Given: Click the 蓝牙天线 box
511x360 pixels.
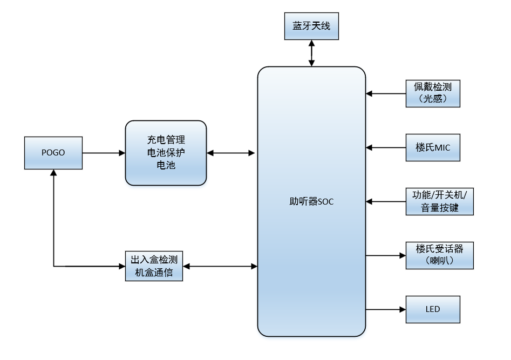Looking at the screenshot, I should click(x=311, y=26).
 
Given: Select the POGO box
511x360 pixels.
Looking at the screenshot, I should click(x=53, y=153).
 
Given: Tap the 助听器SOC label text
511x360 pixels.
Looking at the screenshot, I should click(x=311, y=202).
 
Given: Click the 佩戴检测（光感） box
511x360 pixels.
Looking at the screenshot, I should click(x=433, y=93).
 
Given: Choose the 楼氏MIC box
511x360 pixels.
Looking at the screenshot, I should click(x=433, y=147).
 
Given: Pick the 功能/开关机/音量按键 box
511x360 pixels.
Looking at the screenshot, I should click(x=440, y=201).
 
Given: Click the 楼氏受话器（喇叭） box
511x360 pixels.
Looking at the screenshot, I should click(x=440, y=255).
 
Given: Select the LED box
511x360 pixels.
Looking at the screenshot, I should click(x=433, y=309).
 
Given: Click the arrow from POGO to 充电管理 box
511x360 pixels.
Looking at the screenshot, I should click(x=104, y=153).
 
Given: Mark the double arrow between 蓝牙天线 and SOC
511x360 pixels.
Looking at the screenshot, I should click(x=311, y=53).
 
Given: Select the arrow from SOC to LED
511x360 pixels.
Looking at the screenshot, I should click(x=386, y=309).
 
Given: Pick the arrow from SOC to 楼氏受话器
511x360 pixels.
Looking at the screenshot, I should click(x=386, y=255).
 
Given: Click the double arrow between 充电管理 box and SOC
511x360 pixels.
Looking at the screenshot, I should click(x=231, y=153).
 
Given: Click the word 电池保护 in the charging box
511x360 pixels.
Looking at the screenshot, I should click(x=166, y=153).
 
